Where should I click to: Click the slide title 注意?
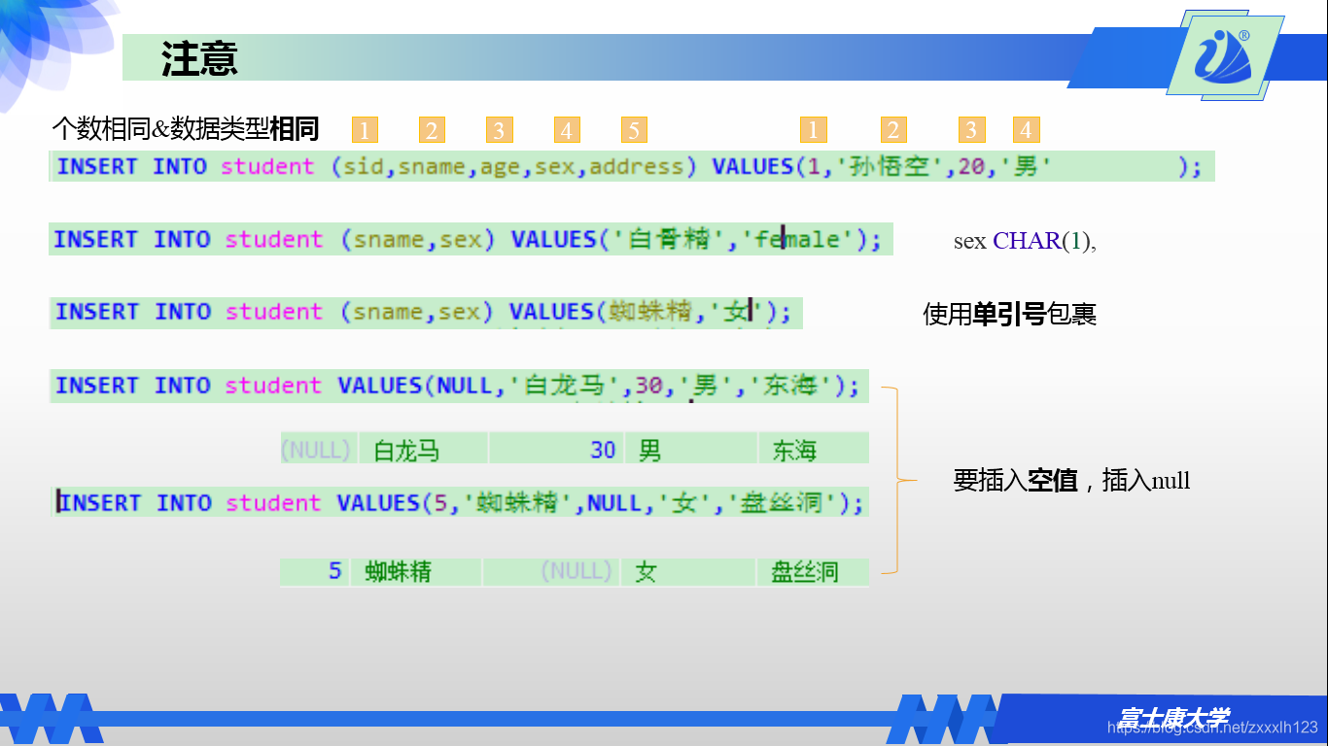[199, 59]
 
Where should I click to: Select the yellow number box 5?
[633, 130]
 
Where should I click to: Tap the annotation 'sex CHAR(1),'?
[1025, 241]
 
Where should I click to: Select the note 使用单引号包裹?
[1009, 314]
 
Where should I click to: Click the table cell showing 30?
[603, 450]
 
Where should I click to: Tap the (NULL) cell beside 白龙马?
[315, 450]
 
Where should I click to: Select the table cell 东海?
[794, 451]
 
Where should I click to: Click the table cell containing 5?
[334, 571]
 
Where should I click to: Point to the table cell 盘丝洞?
[804, 572]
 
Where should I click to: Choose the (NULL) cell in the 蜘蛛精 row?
[577, 571]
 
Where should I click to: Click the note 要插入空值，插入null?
[1071, 480]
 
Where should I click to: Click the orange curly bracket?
[895, 480]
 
